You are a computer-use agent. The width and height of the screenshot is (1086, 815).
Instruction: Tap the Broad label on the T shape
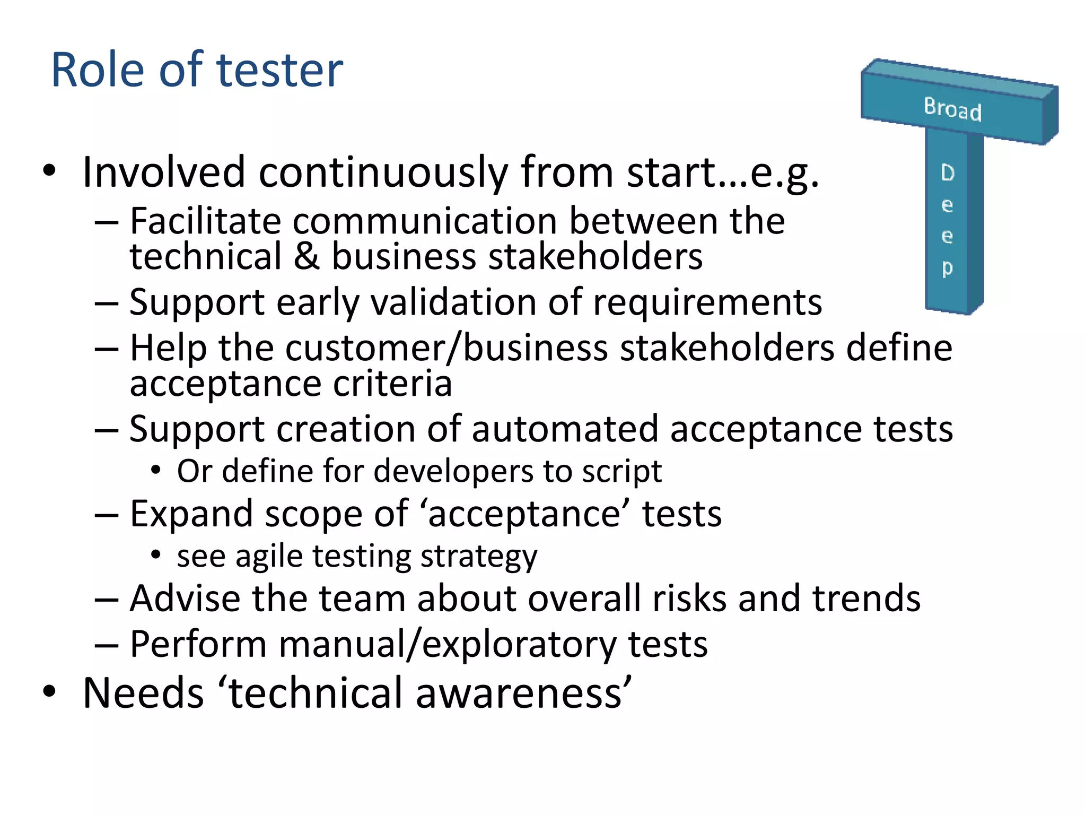pos(952,109)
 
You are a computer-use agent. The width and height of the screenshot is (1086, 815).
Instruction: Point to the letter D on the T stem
pos(948,172)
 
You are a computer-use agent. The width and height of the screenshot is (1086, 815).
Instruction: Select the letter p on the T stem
pos(948,268)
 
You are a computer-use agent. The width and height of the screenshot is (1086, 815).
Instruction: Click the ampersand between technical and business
pos(306,256)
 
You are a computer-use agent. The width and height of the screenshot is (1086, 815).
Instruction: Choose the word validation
pos(453,302)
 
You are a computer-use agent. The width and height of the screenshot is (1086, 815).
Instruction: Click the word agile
pos(269,557)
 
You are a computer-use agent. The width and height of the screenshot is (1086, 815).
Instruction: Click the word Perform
pos(198,645)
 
